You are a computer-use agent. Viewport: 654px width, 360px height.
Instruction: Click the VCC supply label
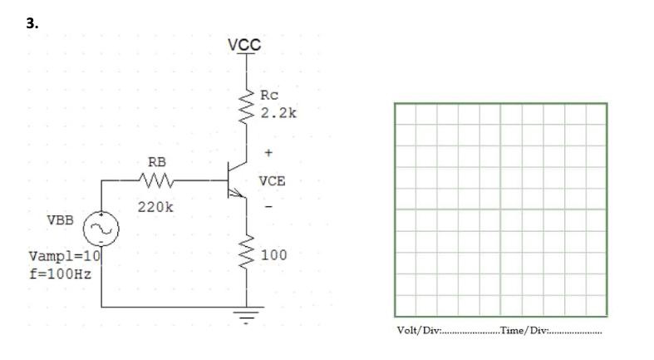245,44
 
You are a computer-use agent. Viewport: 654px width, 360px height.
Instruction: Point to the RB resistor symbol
158,180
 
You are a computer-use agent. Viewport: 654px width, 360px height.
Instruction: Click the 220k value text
155,205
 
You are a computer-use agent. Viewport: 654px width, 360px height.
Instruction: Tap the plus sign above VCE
268,154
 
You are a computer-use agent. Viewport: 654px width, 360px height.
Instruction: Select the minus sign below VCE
268,206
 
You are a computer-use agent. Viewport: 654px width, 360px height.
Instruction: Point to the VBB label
60,220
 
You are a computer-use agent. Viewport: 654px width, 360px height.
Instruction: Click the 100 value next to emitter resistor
274,254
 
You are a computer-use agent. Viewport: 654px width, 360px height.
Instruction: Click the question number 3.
32,23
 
